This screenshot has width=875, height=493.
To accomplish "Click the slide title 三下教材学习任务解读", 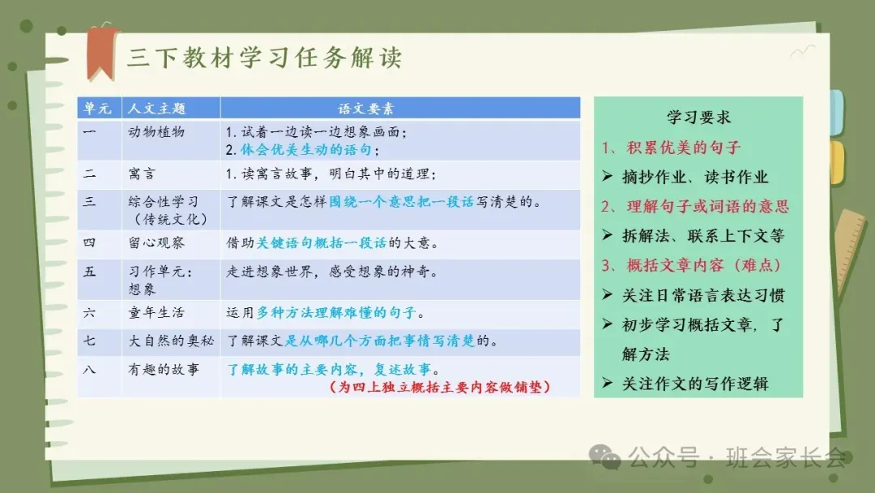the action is tap(264, 58).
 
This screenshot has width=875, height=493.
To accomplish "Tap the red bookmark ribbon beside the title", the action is tap(102, 53).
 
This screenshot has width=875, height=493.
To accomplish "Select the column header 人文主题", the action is tap(157, 109).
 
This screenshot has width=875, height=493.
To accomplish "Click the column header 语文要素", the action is tap(366, 109).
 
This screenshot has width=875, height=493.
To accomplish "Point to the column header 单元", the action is tap(98, 109).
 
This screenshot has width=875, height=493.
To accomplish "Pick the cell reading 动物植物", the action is tap(156, 132).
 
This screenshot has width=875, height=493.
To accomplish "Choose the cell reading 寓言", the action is tap(142, 174).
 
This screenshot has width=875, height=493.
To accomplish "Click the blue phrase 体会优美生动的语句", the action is tap(306, 150).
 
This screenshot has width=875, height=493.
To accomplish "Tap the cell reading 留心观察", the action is tap(156, 243).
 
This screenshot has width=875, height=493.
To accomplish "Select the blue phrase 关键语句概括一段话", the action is tap(321, 243).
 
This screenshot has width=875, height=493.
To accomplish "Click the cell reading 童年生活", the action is tap(156, 313).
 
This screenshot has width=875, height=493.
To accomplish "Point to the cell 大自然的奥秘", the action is tap(171, 341).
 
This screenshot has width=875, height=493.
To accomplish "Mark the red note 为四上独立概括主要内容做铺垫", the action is tap(440, 387).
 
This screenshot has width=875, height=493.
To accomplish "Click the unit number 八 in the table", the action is tap(89, 370).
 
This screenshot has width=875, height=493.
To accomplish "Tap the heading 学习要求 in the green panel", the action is tap(698, 118).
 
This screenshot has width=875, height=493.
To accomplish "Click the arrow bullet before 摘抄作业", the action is tap(608, 177).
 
